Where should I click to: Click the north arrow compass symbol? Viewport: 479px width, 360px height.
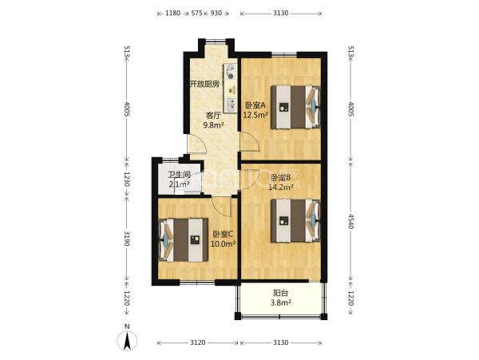click(x=127, y=340)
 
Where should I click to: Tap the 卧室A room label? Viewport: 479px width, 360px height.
click(x=255, y=105)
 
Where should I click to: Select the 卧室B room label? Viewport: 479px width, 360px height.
click(x=280, y=177)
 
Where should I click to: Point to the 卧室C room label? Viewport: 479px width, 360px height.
click(x=223, y=235)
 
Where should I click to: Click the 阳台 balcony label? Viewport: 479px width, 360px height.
click(x=280, y=294)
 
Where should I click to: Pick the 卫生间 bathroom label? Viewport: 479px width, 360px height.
click(x=180, y=175)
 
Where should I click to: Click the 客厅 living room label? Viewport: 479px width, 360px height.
click(x=213, y=116)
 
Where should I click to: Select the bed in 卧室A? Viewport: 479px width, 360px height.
click(x=295, y=107)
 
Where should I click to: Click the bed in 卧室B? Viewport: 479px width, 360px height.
click(x=295, y=221)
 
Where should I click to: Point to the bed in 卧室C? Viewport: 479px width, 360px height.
click(x=184, y=239)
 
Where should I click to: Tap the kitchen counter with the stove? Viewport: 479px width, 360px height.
click(x=231, y=88)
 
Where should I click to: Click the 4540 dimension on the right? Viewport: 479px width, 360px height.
click(x=351, y=221)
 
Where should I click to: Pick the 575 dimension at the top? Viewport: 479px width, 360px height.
click(x=196, y=13)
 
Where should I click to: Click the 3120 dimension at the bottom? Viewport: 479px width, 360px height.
click(x=198, y=343)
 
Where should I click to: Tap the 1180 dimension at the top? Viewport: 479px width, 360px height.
click(x=173, y=13)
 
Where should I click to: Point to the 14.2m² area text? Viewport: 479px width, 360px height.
click(x=281, y=187)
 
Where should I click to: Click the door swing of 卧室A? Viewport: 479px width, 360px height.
click(x=250, y=142)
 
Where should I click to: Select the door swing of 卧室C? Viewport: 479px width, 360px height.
click(x=221, y=207)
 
